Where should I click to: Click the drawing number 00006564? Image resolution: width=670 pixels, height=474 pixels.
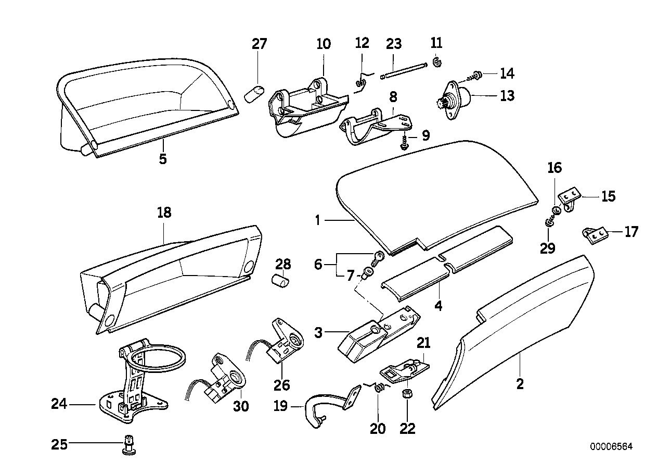pos(611,447)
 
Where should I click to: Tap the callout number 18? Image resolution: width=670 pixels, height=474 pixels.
pos(163,213)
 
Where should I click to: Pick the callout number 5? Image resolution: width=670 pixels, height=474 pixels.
pos(163,159)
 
